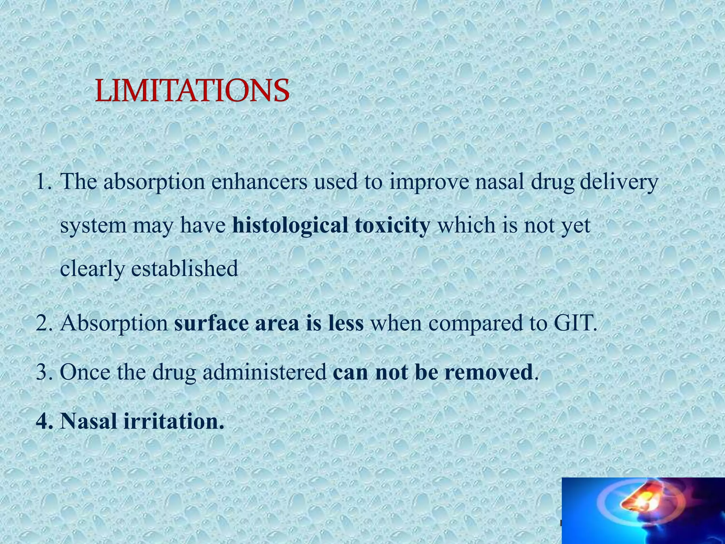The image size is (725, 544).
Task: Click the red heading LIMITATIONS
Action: (x=192, y=91)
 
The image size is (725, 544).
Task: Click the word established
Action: (x=184, y=268)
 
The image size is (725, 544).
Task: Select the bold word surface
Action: (x=211, y=323)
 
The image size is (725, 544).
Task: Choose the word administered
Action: (x=264, y=372)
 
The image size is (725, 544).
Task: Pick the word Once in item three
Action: (x=85, y=372)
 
